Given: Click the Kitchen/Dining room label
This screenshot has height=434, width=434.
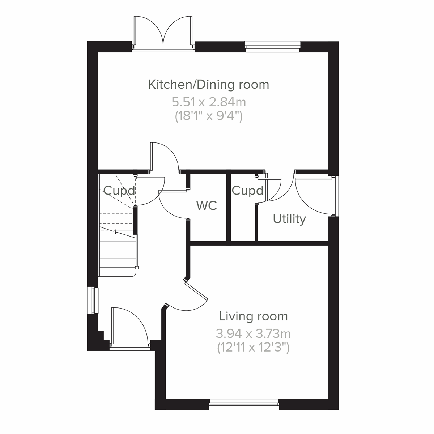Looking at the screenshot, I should click(209, 85).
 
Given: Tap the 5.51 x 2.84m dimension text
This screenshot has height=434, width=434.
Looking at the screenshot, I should click(209, 102).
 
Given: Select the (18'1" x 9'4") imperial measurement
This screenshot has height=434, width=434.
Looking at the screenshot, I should click(209, 116).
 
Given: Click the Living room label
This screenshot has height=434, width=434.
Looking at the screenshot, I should click(253, 316).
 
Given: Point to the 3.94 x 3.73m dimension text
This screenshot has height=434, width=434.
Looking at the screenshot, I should click(253, 333).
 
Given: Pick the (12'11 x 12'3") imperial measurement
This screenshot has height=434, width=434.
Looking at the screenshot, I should click(253, 348).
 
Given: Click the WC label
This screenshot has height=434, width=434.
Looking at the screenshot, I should click(207, 205).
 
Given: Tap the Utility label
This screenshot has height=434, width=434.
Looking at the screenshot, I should click(289, 219).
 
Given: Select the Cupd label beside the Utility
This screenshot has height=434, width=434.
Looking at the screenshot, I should click(247, 190).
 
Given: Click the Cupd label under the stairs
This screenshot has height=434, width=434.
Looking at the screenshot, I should click(119, 190).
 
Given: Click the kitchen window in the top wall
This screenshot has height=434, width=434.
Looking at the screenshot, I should click(273, 44).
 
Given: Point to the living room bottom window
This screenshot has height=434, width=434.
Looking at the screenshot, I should click(244, 404).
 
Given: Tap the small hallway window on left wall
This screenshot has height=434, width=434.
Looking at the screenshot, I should click(94, 300).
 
